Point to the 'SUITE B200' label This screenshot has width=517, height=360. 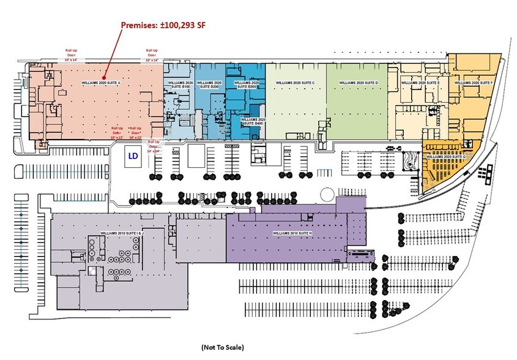click(x=210, y=84)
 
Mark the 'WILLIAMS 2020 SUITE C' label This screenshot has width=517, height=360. click(x=295, y=82)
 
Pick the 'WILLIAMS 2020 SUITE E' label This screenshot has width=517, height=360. click(x=420, y=82)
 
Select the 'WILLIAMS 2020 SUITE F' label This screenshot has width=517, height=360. click(x=474, y=82)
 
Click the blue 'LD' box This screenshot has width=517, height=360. click(x=133, y=157)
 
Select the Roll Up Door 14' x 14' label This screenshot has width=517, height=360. click(x=152, y=144)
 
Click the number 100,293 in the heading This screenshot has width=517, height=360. click(x=180, y=24)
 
